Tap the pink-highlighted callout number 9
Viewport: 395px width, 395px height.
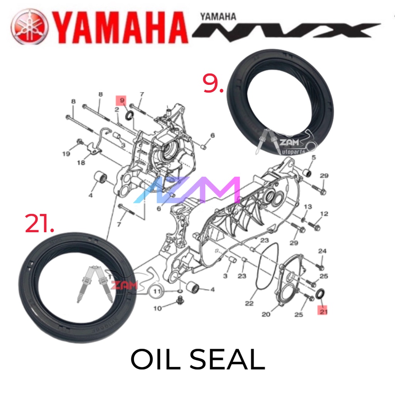tap(122, 101)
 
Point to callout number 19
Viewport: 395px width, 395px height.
tap(67, 154)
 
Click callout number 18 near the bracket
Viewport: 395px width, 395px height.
tap(81, 163)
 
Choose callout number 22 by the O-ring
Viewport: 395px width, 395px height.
tap(249, 303)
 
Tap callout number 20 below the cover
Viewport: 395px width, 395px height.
tap(266, 314)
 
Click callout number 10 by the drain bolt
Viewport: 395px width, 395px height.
tap(157, 308)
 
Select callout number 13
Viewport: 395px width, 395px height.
tap(307, 207)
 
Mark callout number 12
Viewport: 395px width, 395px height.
tap(324, 214)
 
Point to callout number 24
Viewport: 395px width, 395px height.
tap(322, 251)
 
